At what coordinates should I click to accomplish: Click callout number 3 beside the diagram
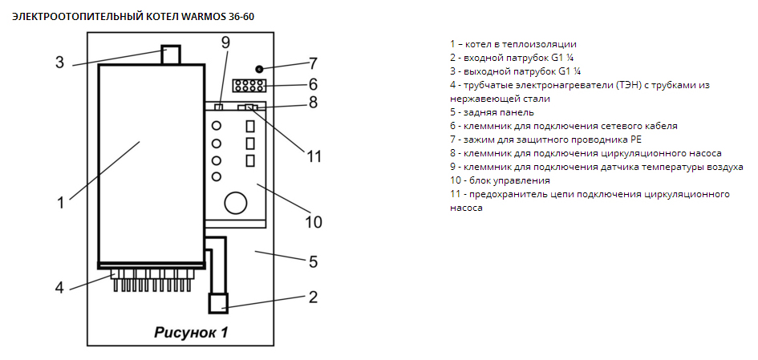(x=60, y=62)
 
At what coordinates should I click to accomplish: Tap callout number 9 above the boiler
(x=225, y=42)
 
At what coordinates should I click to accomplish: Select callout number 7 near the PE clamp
(x=313, y=63)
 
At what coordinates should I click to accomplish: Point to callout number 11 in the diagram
(x=314, y=156)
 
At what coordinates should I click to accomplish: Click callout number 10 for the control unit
(x=314, y=221)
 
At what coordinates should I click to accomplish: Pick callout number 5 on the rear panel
(x=314, y=261)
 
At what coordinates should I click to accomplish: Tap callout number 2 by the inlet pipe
(x=314, y=297)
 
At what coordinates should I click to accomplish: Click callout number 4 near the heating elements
(x=60, y=286)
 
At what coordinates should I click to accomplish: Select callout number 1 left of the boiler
(x=60, y=202)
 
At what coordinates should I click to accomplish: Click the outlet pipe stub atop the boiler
(x=171, y=55)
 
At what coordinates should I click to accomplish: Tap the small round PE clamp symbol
(x=260, y=69)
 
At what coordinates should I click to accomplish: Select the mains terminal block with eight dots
(x=249, y=86)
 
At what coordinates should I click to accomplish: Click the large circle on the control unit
(x=235, y=202)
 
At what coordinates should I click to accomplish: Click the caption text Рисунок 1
(x=191, y=333)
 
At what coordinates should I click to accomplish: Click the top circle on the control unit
(x=216, y=126)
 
